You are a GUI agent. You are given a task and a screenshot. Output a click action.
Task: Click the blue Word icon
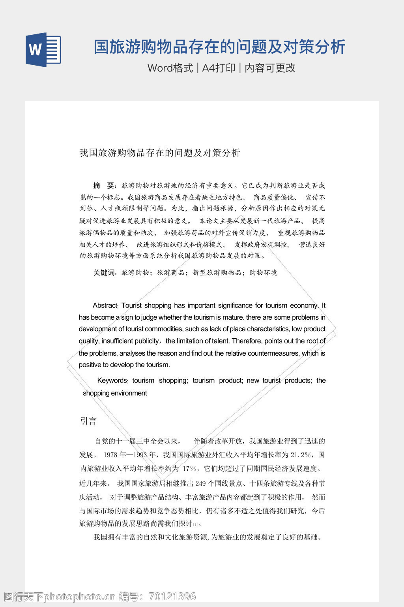click(43, 50)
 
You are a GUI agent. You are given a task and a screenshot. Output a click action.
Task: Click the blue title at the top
click(219, 47)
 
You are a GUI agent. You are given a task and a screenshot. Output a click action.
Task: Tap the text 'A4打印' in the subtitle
click(219, 68)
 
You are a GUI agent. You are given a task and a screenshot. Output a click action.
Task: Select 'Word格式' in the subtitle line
click(170, 68)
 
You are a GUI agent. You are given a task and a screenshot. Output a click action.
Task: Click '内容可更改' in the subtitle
click(270, 68)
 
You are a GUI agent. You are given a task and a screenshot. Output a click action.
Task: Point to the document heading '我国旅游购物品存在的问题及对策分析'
click(159, 153)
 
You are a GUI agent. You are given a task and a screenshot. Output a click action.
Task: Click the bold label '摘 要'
click(104, 186)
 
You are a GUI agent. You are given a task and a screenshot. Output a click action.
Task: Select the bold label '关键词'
click(105, 273)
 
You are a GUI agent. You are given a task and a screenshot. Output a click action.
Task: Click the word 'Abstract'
click(105, 305)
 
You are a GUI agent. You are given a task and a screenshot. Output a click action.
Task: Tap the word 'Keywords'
click(112, 381)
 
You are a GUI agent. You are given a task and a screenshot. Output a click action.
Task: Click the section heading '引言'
click(88, 421)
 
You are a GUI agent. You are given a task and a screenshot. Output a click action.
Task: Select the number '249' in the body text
click(200, 484)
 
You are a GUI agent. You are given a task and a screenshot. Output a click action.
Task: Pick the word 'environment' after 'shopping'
click(129, 393)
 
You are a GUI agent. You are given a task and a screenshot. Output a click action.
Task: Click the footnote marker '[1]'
click(195, 525)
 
